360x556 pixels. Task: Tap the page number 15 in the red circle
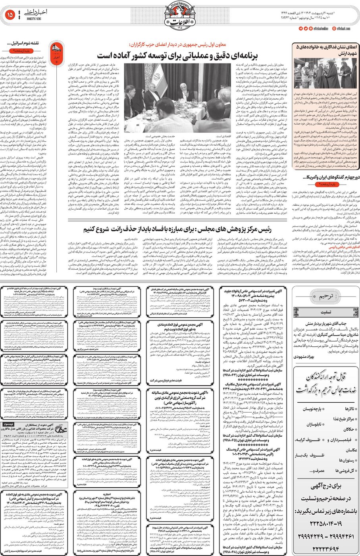click(x=10, y=15)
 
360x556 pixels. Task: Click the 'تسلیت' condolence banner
click(x=325, y=312)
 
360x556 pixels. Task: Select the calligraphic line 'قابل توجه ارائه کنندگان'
click(x=325, y=376)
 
